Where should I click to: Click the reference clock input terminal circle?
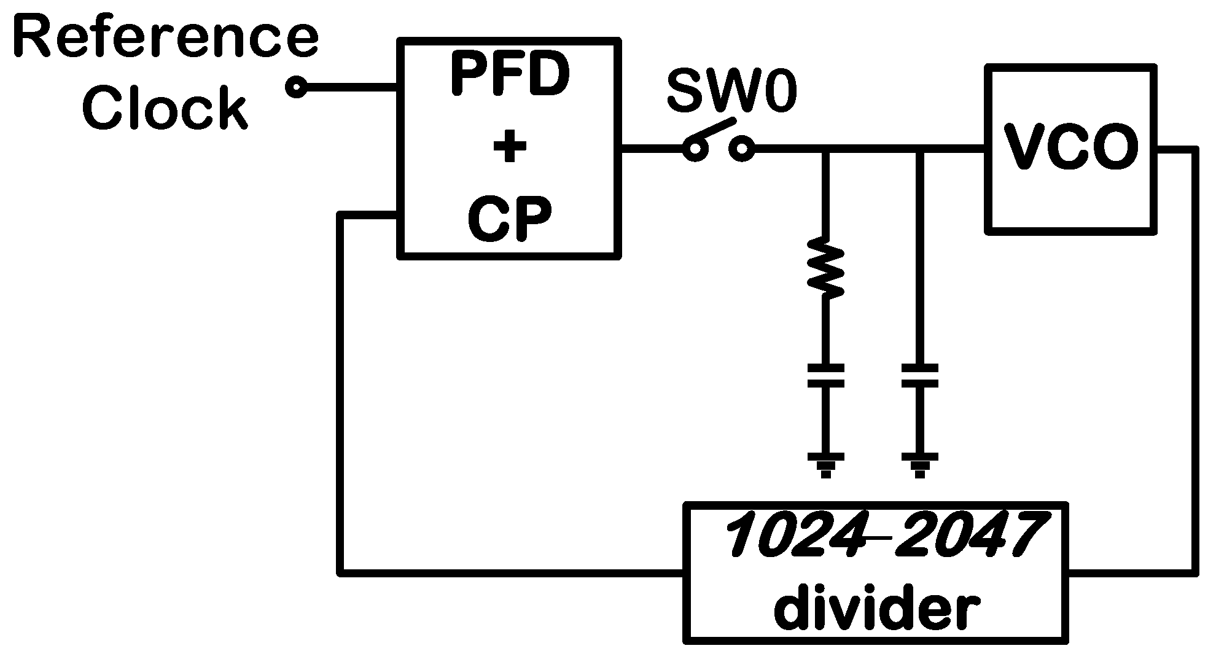click(x=296, y=88)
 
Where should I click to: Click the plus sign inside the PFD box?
click(x=509, y=148)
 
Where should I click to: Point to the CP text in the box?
click(x=509, y=220)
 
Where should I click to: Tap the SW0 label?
click(x=732, y=92)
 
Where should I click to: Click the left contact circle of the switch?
click(x=695, y=149)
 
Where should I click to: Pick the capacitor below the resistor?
click(x=825, y=375)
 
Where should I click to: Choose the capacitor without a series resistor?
click(x=919, y=375)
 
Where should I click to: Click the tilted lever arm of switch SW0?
click(x=712, y=131)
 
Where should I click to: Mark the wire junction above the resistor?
click(x=825, y=149)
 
